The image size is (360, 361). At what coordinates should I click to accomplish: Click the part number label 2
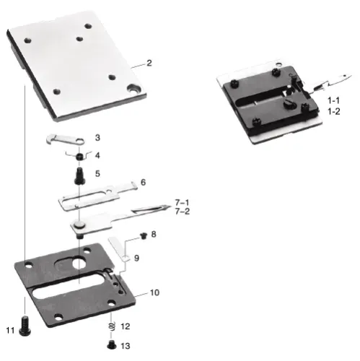tap(149, 64)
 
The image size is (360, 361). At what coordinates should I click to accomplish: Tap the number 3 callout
tap(97, 137)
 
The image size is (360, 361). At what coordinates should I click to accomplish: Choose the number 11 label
tap(10, 330)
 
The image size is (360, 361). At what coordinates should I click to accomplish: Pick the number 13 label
tap(126, 345)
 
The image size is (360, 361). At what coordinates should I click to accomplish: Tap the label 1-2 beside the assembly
tap(333, 112)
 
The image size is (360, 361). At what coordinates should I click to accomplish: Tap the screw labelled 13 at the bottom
tap(111, 344)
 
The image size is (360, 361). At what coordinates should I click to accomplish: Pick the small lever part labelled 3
tap(61, 139)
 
